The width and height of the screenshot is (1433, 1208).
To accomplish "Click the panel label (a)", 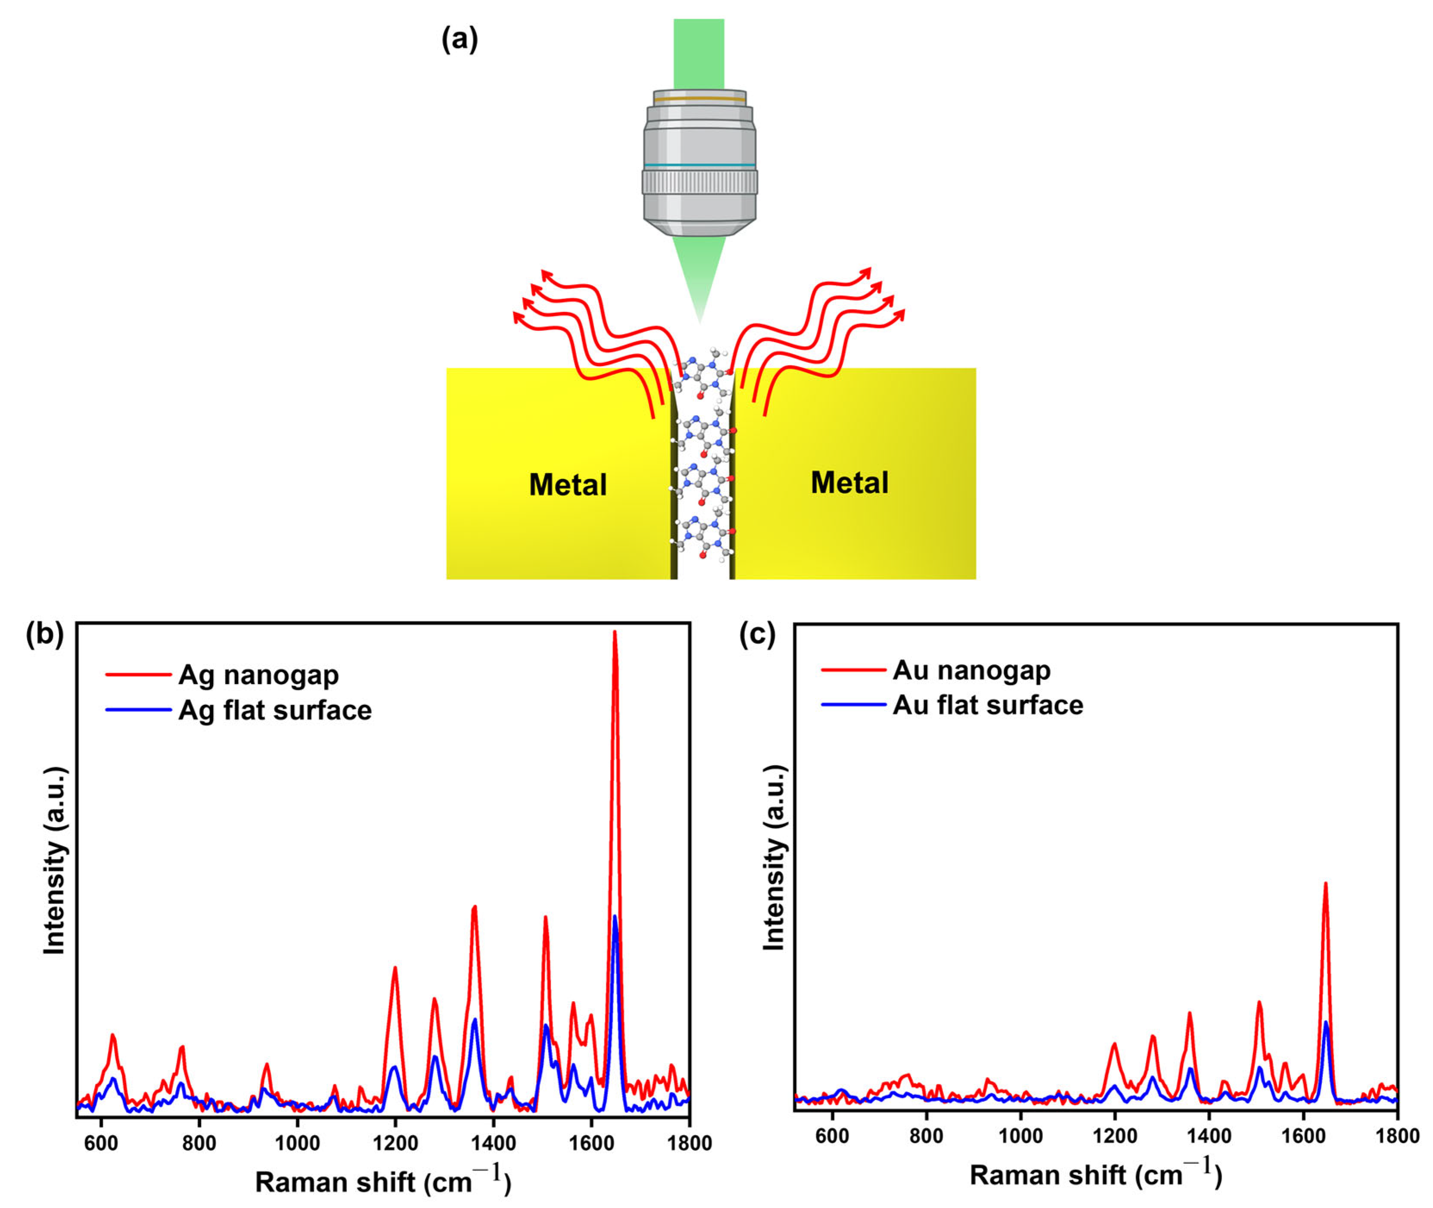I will click(x=459, y=40).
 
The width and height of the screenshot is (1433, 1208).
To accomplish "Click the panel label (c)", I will click(x=757, y=635).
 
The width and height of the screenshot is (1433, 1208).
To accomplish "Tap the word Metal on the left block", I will click(x=568, y=485).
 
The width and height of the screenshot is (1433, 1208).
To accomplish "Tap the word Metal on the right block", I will click(x=849, y=483).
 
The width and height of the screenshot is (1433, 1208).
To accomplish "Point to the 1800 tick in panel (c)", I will click(x=1397, y=1136).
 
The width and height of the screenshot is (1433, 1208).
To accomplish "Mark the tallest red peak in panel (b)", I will click(x=614, y=633).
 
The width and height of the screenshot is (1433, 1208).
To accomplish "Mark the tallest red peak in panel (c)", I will click(x=1325, y=885).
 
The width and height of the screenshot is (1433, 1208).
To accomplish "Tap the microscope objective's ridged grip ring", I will click(x=699, y=181).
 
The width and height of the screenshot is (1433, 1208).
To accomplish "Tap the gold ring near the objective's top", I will click(x=699, y=99).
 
